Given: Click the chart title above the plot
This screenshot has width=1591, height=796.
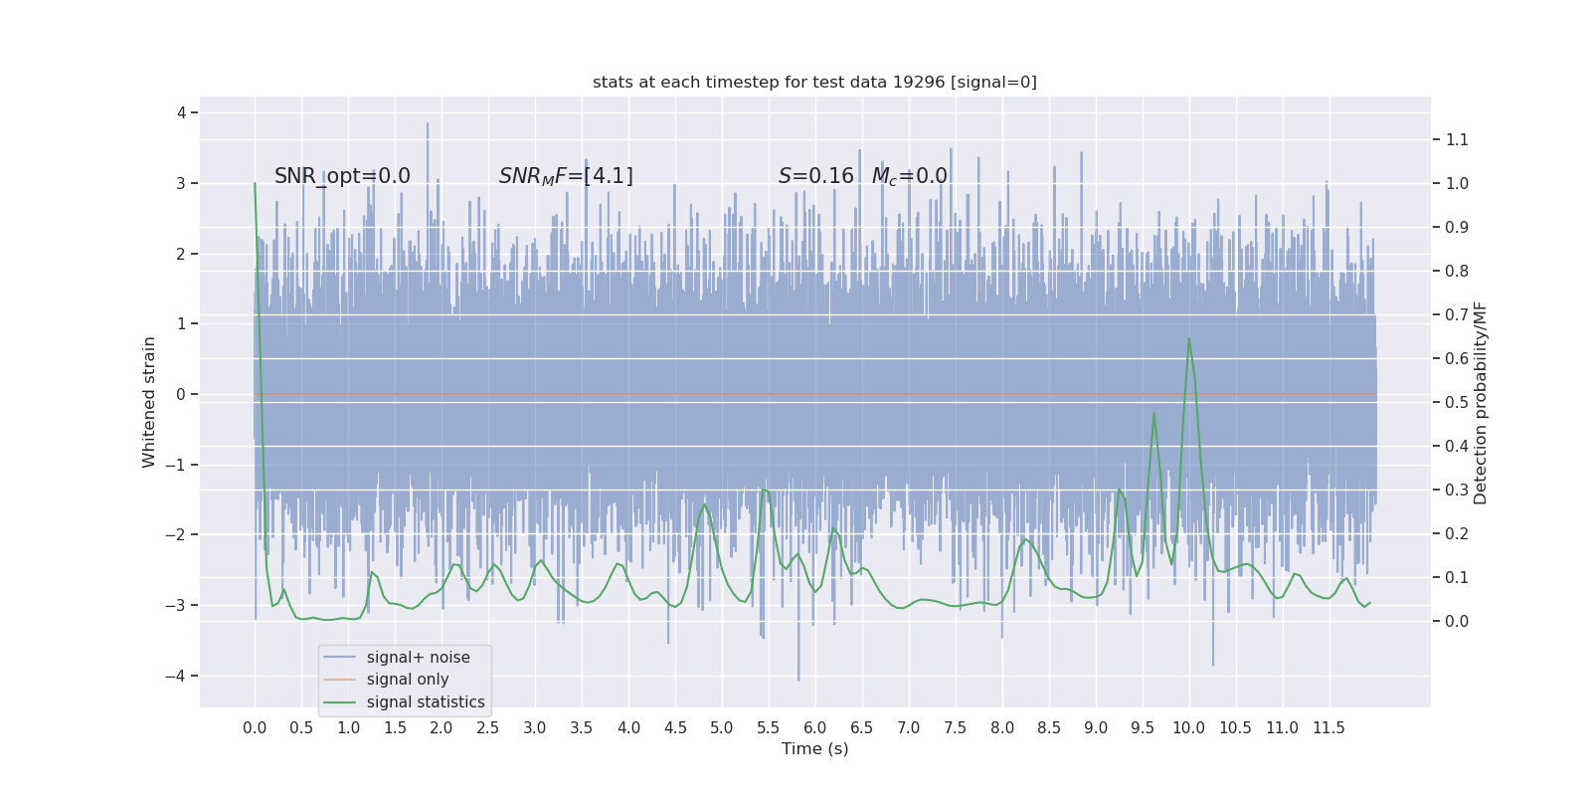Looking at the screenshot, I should pyautogui.click(x=814, y=83).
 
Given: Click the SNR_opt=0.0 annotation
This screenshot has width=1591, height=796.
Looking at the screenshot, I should pyautogui.click(x=342, y=176).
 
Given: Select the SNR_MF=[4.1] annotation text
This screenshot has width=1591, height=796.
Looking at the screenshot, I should pyautogui.click(x=566, y=176).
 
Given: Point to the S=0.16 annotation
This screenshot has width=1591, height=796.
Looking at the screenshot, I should pyautogui.click(x=815, y=176).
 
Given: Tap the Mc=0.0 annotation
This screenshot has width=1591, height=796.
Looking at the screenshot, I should pyautogui.click(x=909, y=176).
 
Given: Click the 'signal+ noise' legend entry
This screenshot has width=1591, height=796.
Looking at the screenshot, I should pyautogui.click(x=418, y=658).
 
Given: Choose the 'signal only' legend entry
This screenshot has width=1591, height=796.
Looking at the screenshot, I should pyautogui.click(x=408, y=680).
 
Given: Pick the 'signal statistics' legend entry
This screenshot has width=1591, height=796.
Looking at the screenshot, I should pyautogui.click(x=426, y=702).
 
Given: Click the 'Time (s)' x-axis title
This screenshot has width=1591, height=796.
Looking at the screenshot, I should pyautogui.click(x=814, y=748).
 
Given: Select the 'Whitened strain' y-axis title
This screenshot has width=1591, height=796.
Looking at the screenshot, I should pyautogui.click(x=149, y=402).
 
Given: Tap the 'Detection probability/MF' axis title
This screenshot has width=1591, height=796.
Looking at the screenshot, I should pyautogui.click(x=1481, y=402).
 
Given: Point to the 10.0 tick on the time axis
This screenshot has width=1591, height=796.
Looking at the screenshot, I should pyautogui.click(x=1188, y=728).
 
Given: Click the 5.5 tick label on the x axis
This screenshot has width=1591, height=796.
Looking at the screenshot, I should pyautogui.click(x=769, y=728).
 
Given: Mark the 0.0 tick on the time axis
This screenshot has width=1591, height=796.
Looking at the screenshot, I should pyautogui.click(x=255, y=728).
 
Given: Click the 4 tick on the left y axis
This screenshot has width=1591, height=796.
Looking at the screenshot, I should pyautogui.click(x=182, y=112).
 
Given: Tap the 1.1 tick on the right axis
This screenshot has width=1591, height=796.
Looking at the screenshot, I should pyautogui.click(x=1457, y=139).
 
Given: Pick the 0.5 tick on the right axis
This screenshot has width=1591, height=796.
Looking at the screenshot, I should pyautogui.click(x=1457, y=402).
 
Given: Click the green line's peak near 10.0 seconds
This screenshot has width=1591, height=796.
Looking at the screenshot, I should pyautogui.click(x=1188, y=338).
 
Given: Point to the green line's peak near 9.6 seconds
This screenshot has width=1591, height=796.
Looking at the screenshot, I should pyautogui.click(x=1153, y=413).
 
